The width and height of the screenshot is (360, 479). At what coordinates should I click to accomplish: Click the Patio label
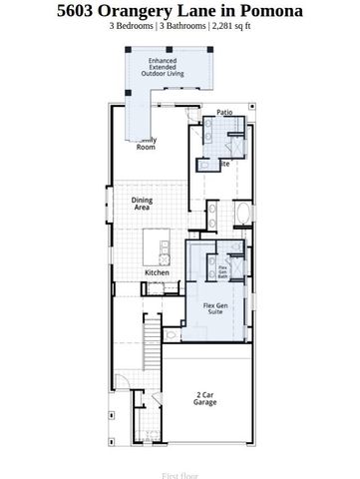click(x=224, y=114)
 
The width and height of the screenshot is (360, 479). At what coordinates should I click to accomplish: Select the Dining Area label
click(x=143, y=205)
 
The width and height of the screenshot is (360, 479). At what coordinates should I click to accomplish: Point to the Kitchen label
click(x=158, y=272)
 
